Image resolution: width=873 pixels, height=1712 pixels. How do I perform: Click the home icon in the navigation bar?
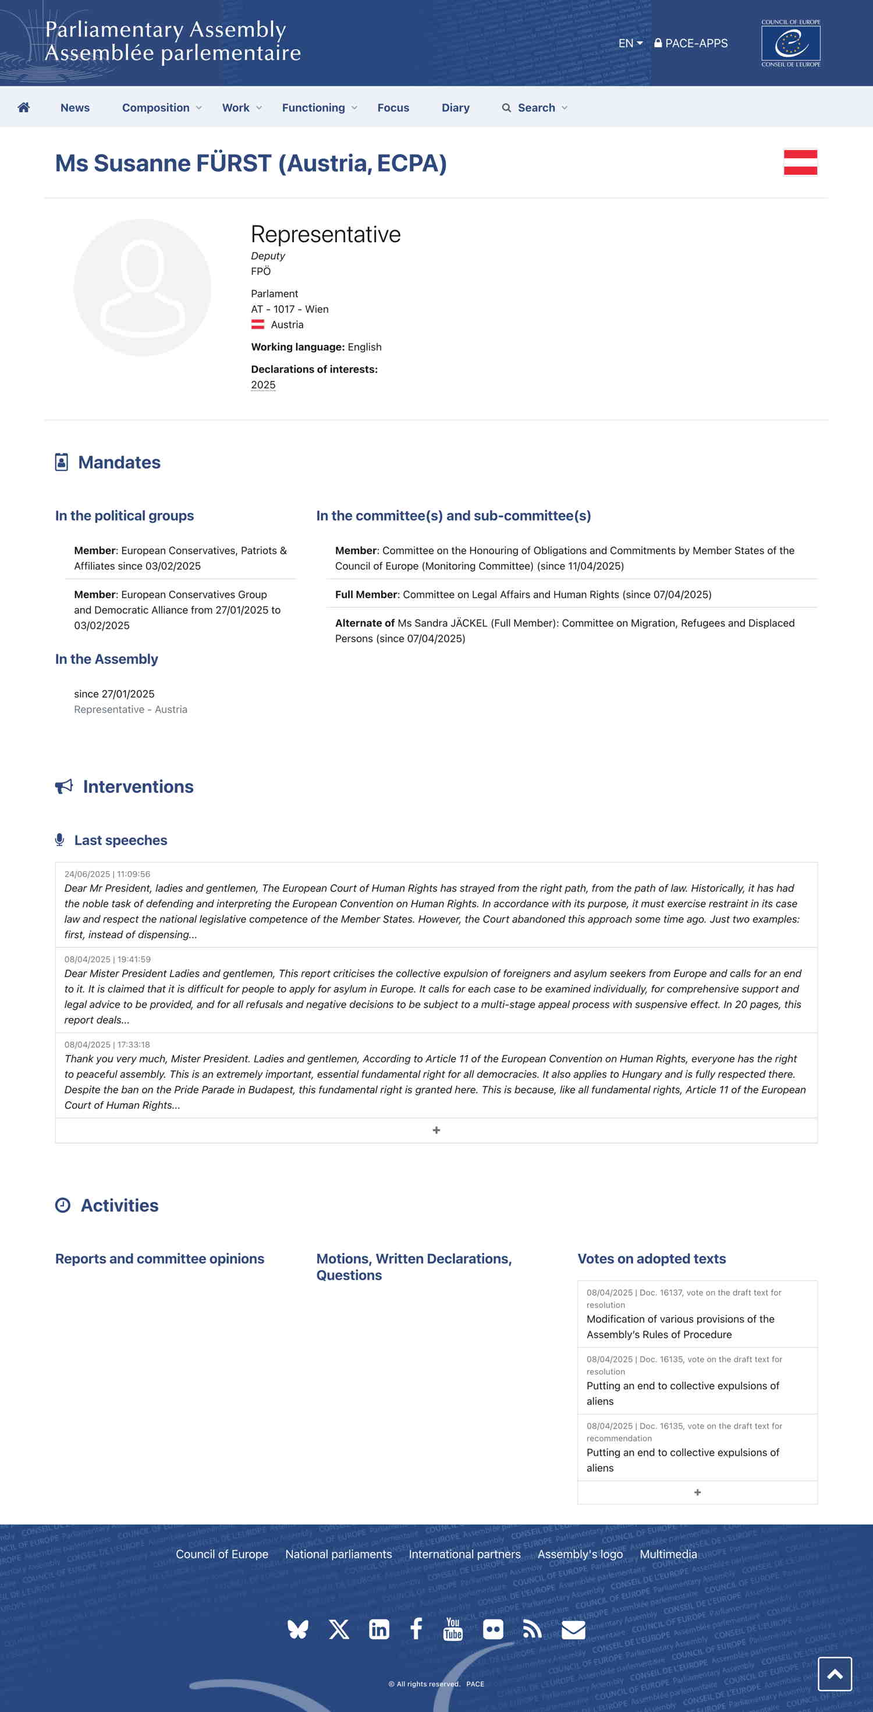24,108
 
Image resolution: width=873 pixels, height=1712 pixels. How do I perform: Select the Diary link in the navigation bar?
455,108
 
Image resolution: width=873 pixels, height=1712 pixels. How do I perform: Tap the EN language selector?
630,43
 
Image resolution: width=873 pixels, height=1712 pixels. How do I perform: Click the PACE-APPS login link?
691,43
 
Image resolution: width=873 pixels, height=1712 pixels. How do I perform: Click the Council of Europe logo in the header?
790,43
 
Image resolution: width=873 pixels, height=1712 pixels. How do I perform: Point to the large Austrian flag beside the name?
800,162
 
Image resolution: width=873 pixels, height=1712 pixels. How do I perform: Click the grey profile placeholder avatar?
142,288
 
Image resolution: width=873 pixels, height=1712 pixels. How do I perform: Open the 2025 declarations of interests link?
263,385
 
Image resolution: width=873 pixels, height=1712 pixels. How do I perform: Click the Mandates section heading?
119,462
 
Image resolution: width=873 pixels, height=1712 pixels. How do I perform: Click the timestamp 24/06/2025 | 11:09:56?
107,874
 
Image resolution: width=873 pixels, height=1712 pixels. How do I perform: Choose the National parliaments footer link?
338,1554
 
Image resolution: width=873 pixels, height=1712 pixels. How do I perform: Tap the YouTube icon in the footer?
452,1629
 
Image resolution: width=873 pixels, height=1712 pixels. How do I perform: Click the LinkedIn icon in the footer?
379,1629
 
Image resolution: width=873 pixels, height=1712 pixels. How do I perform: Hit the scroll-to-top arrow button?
835,1674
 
